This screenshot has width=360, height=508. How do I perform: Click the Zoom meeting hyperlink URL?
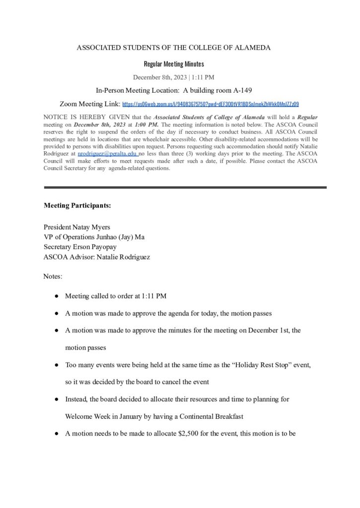click(x=211, y=105)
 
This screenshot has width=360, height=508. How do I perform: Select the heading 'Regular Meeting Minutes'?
click(x=174, y=64)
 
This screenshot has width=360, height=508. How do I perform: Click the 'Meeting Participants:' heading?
click(x=77, y=205)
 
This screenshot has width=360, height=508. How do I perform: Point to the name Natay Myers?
click(x=92, y=227)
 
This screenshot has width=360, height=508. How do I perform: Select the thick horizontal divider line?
click(x=185, y=187)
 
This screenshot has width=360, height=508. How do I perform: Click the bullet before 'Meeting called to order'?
click(x=58, y=296)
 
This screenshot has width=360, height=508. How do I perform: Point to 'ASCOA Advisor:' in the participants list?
click(x=68, y=256)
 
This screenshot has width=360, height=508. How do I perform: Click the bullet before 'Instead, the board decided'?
click(x=58, y=399)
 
